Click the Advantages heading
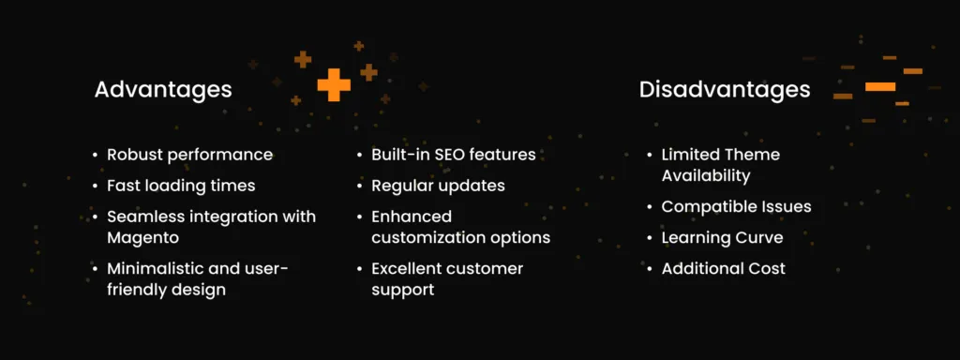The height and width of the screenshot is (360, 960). (163, 90)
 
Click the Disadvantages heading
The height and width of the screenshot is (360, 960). (725, 90)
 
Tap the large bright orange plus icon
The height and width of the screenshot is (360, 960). (334, 84)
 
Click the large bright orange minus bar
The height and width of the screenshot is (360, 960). (879, 86)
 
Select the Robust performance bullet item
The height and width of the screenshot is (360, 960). (189, 155)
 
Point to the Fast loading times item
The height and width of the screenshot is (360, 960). (181, 186)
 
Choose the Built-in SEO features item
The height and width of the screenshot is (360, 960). (453, 155)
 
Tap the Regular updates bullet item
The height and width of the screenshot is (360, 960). (438, 186)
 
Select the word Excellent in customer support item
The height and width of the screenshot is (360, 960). (409, 269)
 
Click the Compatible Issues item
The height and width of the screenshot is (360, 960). (736, 206)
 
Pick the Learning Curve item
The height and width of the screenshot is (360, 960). (721, 237)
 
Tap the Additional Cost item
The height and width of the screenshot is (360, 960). (723, 269)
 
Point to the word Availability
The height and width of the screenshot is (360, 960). (705, 175)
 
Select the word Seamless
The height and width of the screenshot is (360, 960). (143, 217)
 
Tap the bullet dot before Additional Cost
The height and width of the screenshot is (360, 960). (648, 270)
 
